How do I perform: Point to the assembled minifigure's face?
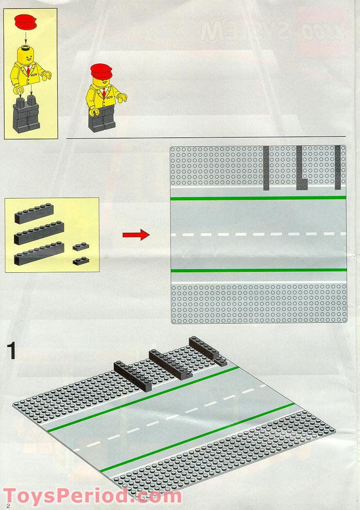[103, 83]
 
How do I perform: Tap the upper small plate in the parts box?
[81, 246]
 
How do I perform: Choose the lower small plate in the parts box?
[81, 261]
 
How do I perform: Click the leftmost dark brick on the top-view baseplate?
[266, 168]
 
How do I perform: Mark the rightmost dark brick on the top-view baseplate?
[337, 167]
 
